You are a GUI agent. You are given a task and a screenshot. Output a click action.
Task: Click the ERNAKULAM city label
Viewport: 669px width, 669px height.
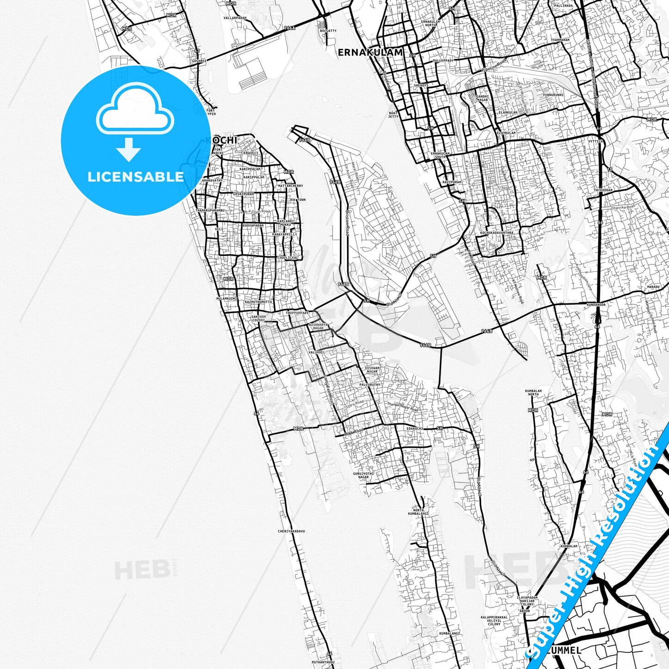(370, 52)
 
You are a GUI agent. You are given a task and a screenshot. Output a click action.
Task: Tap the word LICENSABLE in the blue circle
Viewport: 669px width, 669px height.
(136, 176)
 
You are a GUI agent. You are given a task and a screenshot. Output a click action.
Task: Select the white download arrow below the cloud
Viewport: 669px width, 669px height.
(129, 150)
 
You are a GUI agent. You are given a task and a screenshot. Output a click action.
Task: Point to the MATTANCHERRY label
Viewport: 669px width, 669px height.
(290, 186)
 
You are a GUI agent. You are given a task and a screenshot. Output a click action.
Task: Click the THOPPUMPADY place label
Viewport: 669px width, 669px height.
(297, 313)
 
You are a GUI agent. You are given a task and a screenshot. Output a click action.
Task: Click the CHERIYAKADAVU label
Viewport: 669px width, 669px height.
(291, 531)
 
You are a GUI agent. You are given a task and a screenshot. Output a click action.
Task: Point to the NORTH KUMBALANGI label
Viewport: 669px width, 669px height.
(418, 512)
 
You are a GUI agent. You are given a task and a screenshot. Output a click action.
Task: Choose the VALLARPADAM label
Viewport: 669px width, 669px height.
(235, 18)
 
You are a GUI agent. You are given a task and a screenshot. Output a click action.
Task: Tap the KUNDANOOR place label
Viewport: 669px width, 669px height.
(596, 305)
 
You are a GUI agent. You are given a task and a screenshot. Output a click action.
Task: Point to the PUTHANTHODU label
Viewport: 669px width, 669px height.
(323, 662)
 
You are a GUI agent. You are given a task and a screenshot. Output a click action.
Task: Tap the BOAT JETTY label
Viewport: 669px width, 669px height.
(393, 115)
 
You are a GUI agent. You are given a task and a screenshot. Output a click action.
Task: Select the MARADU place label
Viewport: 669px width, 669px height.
(653, 287)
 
